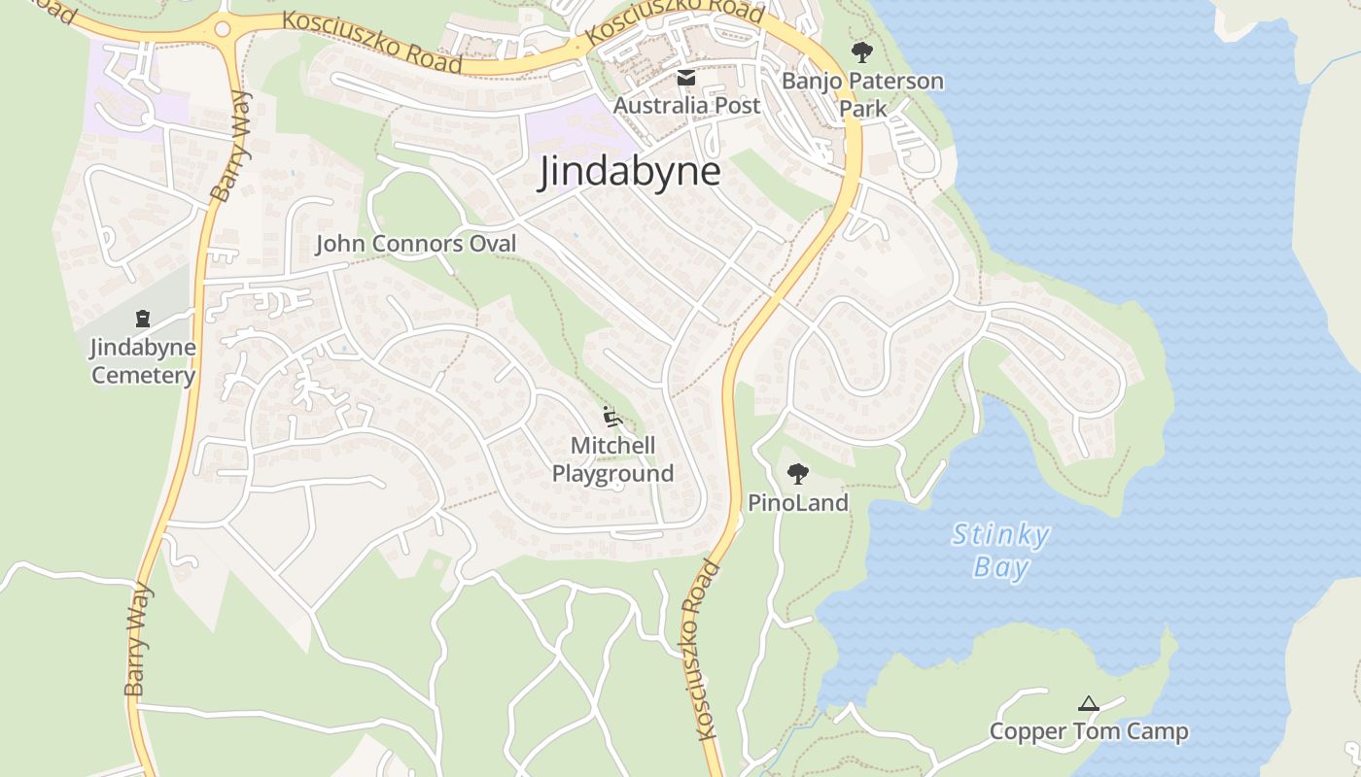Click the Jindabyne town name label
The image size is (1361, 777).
631,172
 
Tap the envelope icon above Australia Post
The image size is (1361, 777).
686,77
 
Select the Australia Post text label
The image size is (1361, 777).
686,104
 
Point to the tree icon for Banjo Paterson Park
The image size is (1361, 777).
861,52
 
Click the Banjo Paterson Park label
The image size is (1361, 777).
862,94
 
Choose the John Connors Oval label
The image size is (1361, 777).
416,244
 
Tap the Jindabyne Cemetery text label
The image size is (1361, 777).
143,361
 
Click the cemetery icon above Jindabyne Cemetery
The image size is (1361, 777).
143,319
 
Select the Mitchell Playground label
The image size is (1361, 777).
612,459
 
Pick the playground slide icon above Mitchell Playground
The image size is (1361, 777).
611,417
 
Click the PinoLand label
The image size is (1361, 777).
798,502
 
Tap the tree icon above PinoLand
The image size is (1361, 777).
798,474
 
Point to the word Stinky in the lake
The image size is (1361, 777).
1000,535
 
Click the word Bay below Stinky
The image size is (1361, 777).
1001,567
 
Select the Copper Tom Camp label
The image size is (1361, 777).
1089,731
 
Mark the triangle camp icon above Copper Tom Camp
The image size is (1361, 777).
1089,703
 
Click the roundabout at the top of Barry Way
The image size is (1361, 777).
223,28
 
